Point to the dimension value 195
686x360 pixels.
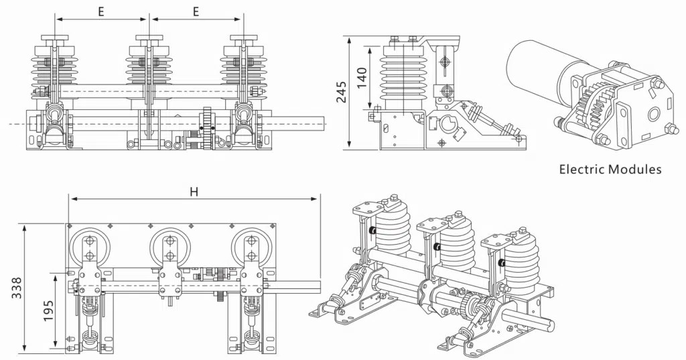tap(49, 310)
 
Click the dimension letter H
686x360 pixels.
tap(194, 191)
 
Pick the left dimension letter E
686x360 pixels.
tap(100, 11)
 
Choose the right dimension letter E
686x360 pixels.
tap(196, 11)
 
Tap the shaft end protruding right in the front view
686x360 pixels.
tap(315, 125)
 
